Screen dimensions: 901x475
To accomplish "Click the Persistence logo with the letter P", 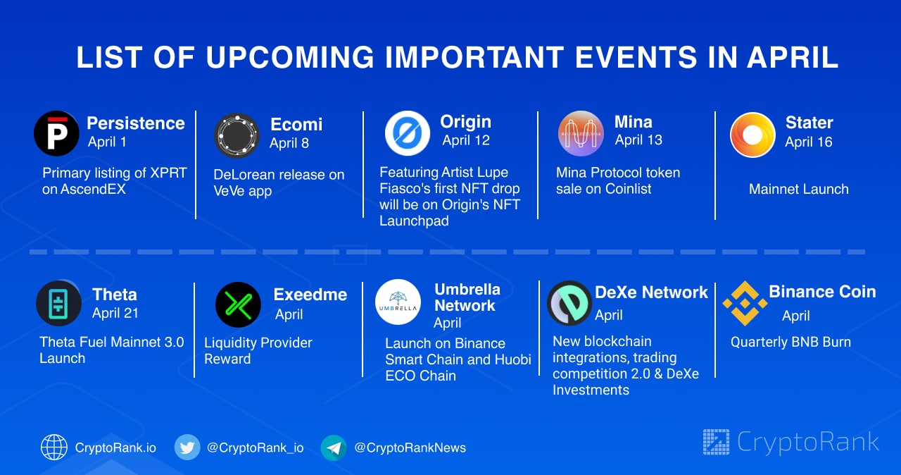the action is click(x=56, y=133).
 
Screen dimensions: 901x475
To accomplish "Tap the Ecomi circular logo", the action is click(x=237, y=135).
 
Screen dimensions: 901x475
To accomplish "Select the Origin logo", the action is click(x=407, y=133).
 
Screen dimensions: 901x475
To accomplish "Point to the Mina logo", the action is click(x=581, y=133).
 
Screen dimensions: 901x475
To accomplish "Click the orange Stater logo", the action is click(x=752, y=135).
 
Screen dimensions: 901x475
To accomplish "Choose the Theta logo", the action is click(x=58, y=303).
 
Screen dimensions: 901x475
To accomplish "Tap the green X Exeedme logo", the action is click(x=238, y=304).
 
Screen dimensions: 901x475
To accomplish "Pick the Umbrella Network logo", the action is click(x=398, y=302).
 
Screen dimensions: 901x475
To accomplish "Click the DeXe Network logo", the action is click(x=569, y=303).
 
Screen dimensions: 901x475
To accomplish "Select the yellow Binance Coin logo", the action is click(x=745, y=303).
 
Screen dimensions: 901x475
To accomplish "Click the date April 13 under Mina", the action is click(x=638, y=140).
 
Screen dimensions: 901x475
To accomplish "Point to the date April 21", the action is click(x=115, y=313).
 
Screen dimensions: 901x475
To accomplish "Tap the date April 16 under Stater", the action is click(x=809, y=142).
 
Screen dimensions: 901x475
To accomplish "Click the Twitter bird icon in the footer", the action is click(x=187, y=448).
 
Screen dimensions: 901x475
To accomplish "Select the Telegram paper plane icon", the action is click(x=334, y=448).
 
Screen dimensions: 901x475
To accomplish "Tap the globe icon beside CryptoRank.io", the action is click(x=54, y=448).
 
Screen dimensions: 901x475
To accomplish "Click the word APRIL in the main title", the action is click(x=793, y=57).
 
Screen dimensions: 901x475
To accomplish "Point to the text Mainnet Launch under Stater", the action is click(x=799, y=189).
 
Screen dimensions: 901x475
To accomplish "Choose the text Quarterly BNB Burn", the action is click(x=790, y=343).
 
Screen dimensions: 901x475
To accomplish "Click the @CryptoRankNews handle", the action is click(x=410, y=448).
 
